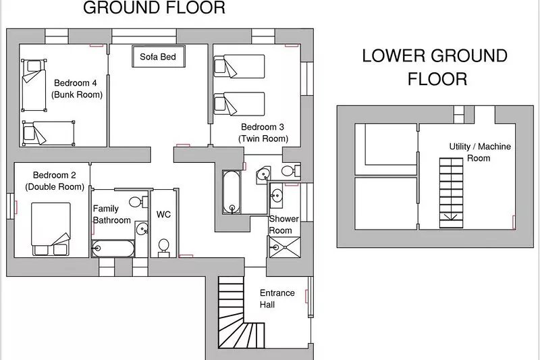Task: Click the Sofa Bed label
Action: click(x=158, y=57)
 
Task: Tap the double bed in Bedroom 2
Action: click(x=51, y=229)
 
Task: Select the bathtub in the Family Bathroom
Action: click(x=113, y=249)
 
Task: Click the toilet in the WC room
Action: click(x=163, y=248)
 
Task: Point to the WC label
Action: click(x=163, y=215)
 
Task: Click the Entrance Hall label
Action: click(x=277, y=299)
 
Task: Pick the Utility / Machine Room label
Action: click(x=480, y=152)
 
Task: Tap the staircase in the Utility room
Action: click(x=451, y=192)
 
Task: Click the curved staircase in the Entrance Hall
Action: click(x=238, y=313)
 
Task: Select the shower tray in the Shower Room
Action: click(x=284, y=247)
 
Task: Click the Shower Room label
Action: click(x=283, y=225)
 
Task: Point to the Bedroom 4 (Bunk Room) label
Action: click(x=77, y=88)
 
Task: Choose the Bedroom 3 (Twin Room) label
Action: click(x=263, y=132)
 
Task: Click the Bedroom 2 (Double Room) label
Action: click(x=55, y=181)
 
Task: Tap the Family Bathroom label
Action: click(x=111, y=214)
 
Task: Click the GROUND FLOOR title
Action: click(x=155, y=7)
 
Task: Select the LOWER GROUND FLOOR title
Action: click(x=435, y=67)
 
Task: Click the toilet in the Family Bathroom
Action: click(x=138, y=201)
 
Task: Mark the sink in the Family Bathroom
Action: click(x=142, y=228)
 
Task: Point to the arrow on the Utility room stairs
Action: click(x=451, y=217)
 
